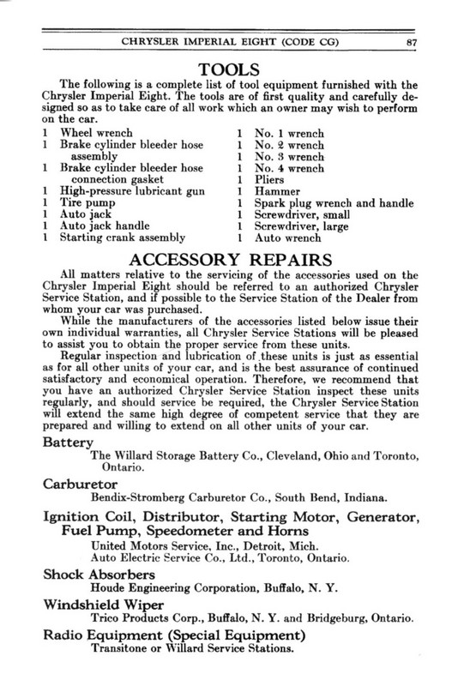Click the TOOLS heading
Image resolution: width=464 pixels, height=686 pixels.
232,68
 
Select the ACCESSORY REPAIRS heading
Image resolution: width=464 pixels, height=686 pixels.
232,257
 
